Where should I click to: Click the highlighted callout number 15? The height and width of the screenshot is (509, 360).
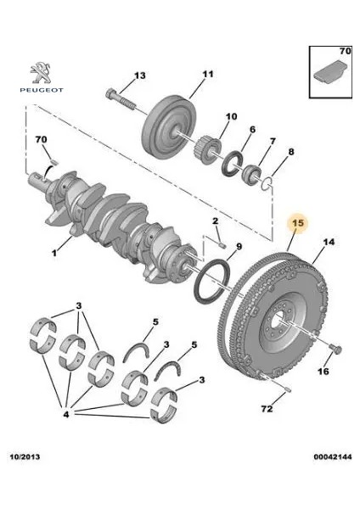click(298, 224)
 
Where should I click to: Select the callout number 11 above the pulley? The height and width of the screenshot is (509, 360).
click(205, 73)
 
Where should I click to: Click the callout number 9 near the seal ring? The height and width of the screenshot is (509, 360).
click(239, 247)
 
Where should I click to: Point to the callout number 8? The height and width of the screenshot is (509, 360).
click(291, 153)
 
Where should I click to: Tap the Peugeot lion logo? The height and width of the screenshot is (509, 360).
click(37, 70)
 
